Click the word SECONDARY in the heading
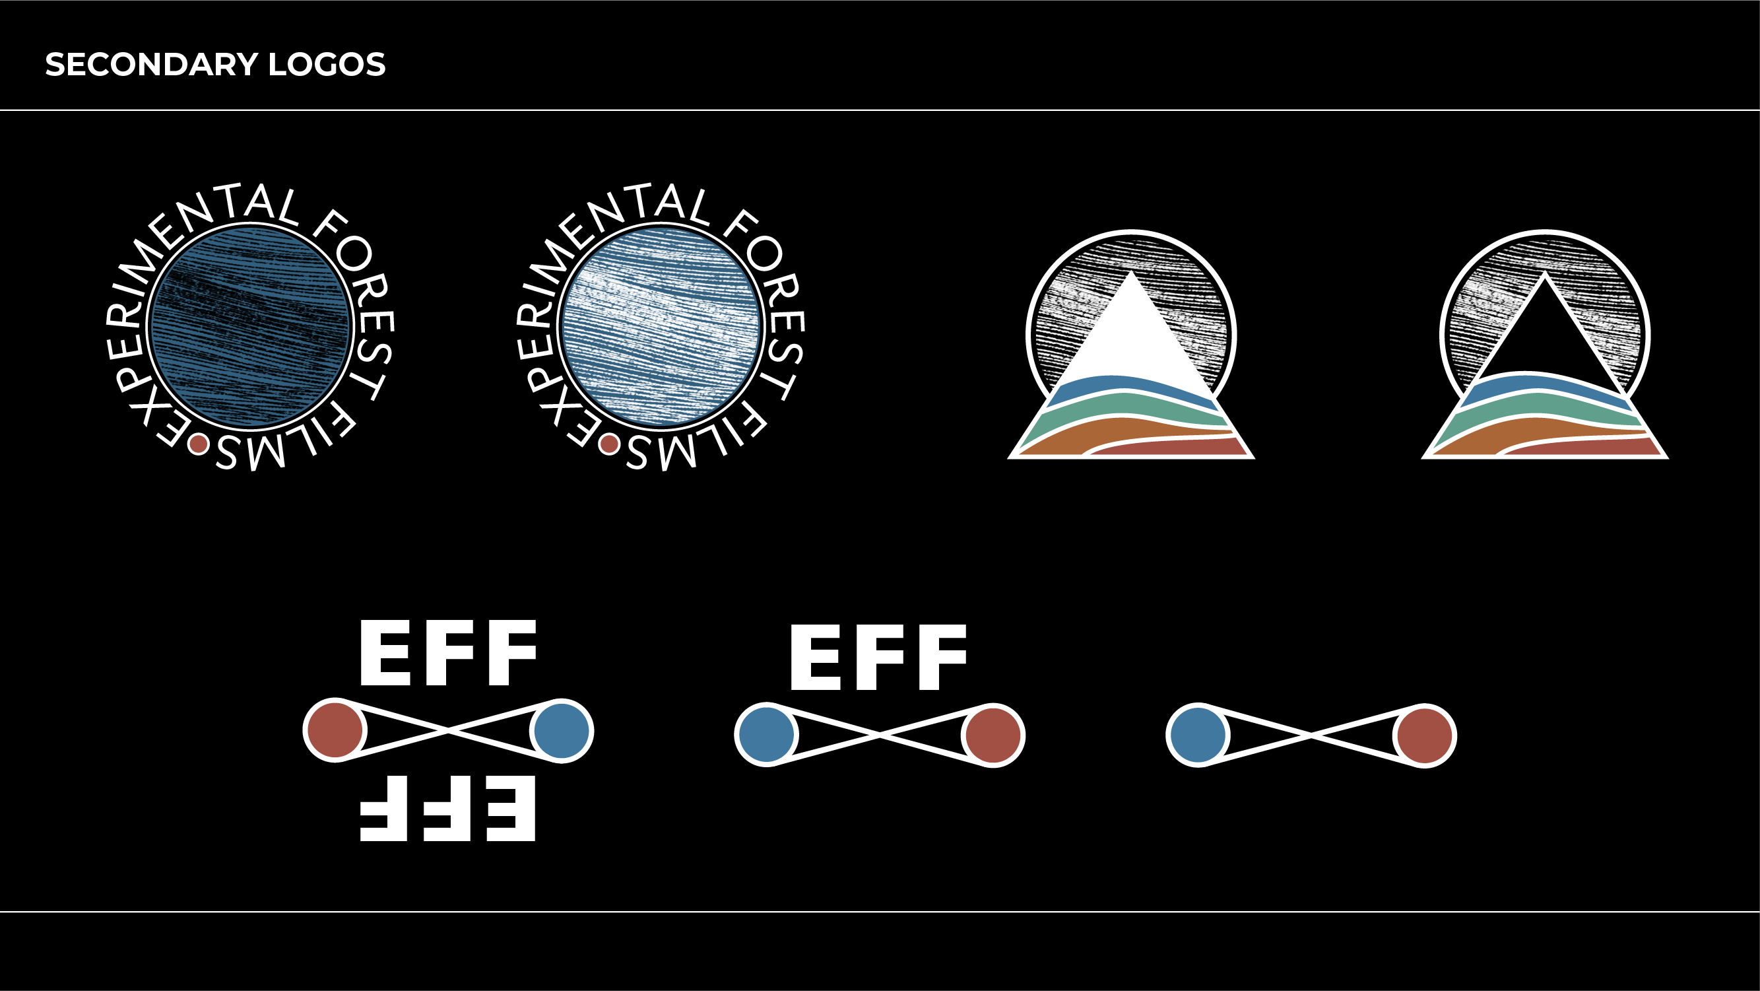(151, 65)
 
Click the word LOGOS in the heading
(327, 65)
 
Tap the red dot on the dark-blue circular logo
(198, 444)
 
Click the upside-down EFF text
(447, 808)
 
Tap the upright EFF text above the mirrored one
(447, 653)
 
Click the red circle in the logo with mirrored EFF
(335, 730)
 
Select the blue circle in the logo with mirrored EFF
(561, 730)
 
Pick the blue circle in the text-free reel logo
(1198, 735)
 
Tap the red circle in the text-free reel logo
(1425, 735)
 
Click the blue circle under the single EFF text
(767, 735)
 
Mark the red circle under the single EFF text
(993, 735)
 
